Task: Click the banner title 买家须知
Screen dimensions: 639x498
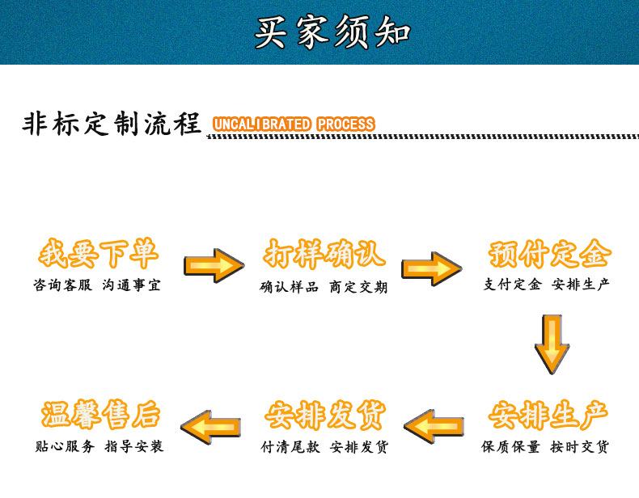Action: (332, 32)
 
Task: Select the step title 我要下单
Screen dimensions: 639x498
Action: (98, 255)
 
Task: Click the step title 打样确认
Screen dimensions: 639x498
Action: (324, 255)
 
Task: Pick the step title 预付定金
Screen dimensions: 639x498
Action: (549, 255)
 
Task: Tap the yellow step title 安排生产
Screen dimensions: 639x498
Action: (548, 416)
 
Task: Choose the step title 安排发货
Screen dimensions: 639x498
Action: (324, 416)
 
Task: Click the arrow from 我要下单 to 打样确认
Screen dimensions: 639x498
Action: (214, 265)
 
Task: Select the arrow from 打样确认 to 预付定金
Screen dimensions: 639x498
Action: (432, 268)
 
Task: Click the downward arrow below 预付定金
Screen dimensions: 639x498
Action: (552, 343)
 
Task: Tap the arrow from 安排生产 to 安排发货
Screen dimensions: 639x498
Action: (434, 424)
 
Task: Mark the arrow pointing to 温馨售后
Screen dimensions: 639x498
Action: (210, 425)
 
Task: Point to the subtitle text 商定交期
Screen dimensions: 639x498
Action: (358, 286)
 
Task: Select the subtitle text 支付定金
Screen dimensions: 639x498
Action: (513, 284)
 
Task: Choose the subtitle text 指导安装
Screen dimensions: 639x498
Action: (133, 445)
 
